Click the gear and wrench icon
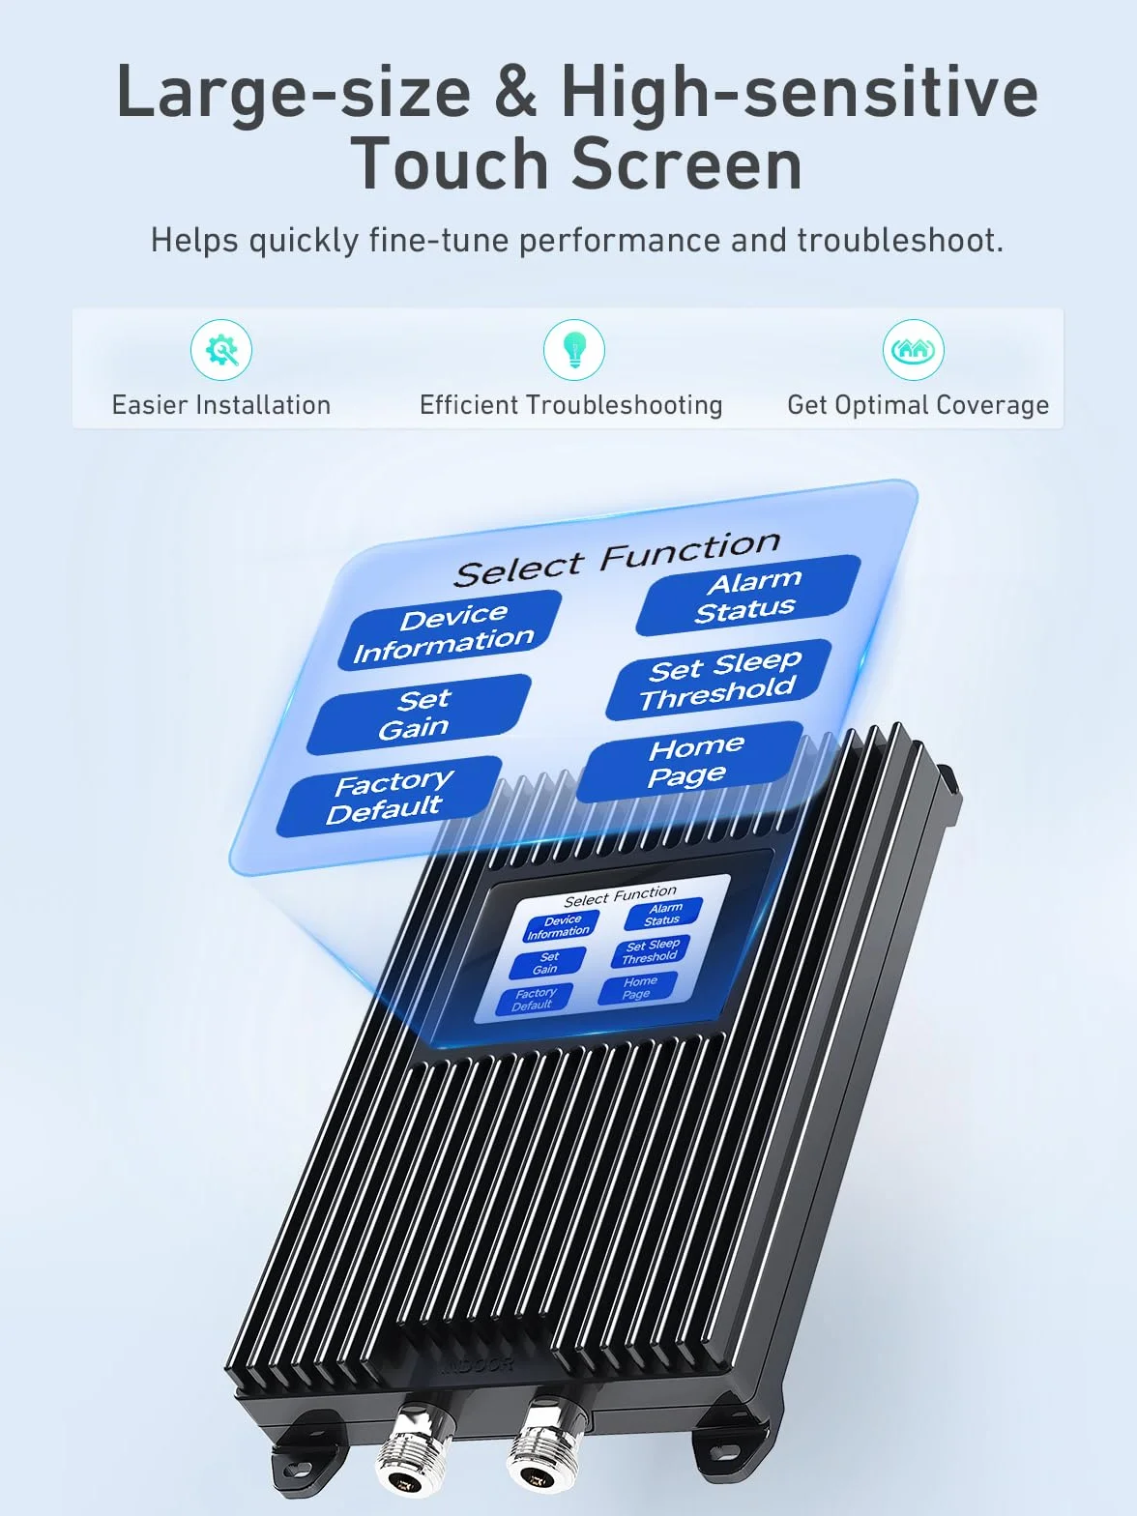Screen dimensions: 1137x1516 tap(220, 349)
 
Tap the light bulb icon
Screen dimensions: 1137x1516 tap(573, 349)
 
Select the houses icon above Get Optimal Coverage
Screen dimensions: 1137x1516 tap(914, 349)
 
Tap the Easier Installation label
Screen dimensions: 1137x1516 tap(221, 405)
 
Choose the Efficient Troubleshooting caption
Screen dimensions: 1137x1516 tap(570, 405)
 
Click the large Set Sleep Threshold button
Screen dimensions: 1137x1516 tap(718, 680)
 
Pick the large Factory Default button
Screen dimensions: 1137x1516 tap(390, 797)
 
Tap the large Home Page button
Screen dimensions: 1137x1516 tap(690, 762)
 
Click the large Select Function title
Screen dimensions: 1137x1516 tap(617, 560)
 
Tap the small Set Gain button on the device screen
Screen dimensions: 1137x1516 tap(547, 963)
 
